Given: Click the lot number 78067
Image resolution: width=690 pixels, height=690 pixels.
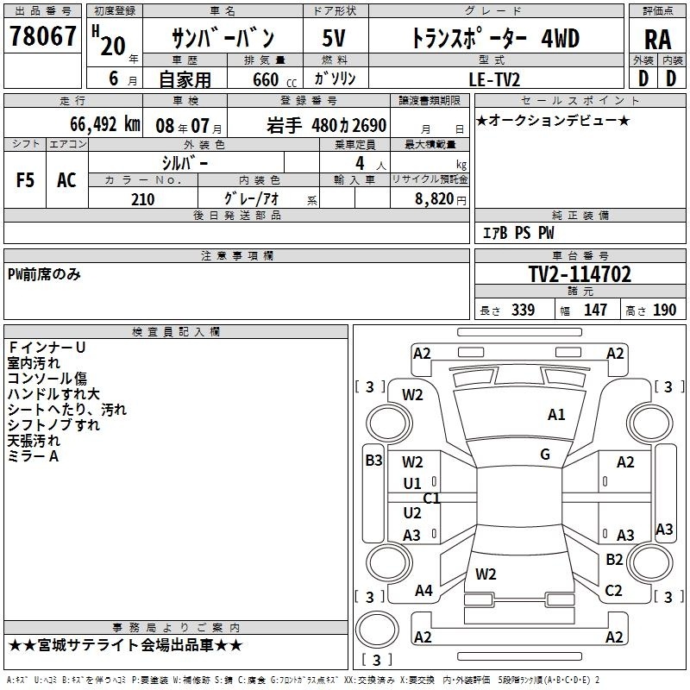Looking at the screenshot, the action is point(42,35).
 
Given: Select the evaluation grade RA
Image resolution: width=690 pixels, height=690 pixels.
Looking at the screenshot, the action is point(658,40).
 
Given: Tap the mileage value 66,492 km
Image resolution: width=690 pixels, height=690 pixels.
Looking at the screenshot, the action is point(105,124).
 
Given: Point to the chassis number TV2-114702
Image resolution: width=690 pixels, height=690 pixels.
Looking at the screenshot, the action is point(580,274).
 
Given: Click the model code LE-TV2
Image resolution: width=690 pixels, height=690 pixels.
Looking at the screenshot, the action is point(494,79).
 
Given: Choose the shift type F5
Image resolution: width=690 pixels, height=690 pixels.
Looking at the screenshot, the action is point(25,180).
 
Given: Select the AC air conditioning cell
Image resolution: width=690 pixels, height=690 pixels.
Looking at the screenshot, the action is point(66,180).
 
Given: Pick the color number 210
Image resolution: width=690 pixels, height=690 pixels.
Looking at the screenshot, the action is point(142,199).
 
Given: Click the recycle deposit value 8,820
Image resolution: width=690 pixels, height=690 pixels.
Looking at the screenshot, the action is point(435,199).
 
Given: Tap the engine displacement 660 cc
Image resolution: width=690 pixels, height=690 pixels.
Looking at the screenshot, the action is point(274,79).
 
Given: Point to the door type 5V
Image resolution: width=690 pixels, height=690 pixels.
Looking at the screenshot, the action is point(334,38).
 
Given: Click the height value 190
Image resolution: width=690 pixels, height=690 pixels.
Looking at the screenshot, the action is point(664,310).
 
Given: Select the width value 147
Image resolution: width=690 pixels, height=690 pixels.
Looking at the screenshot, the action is point(595,310).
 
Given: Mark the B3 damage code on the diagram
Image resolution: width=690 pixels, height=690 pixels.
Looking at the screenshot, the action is point(373,461).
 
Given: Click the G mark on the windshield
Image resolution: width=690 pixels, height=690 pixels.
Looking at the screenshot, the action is point(545,455).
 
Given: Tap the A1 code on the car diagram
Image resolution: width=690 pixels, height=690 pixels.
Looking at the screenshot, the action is point(556,415).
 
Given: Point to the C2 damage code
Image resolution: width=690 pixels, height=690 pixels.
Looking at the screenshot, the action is point(613,590).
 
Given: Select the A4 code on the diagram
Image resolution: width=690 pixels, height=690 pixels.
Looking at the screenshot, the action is point(423,590).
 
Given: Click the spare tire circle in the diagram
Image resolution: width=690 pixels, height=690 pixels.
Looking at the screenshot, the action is point(377,630).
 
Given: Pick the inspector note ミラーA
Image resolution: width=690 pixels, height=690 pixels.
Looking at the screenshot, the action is point(33,456).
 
